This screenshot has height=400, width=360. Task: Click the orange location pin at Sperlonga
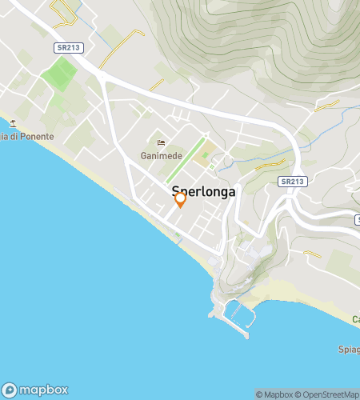[x=181, y=198]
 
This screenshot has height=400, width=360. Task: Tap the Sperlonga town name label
[x=203, y=192]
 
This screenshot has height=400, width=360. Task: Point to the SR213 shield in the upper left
[x=66, y=48]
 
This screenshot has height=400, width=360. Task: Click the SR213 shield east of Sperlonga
[x=293, y=182]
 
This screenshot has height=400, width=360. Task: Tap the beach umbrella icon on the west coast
[x=13, y=123]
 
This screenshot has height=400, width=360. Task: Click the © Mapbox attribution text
[x=274, y=394]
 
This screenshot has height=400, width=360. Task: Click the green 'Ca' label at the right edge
[x=354, y=320]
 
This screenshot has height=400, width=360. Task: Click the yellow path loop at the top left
[x=61, y=10]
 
